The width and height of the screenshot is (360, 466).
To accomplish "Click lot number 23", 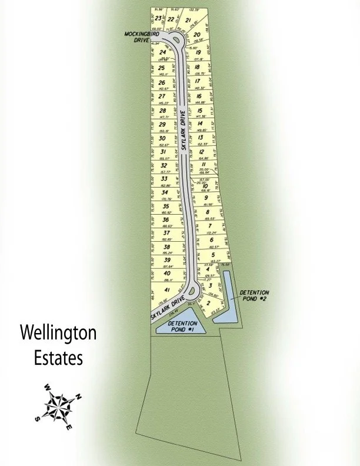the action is tap(158, 18).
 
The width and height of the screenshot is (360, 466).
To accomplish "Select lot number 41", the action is tap(167, 291).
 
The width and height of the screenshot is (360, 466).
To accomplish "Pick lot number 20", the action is tap(198, 35).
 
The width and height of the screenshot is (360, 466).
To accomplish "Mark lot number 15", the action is tap(200, 110).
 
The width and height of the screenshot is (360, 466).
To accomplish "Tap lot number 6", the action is tap(211, 240).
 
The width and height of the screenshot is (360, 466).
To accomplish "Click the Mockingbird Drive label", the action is tap(138, 37).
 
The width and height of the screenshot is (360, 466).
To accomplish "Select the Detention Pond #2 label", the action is tap(254, 295).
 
